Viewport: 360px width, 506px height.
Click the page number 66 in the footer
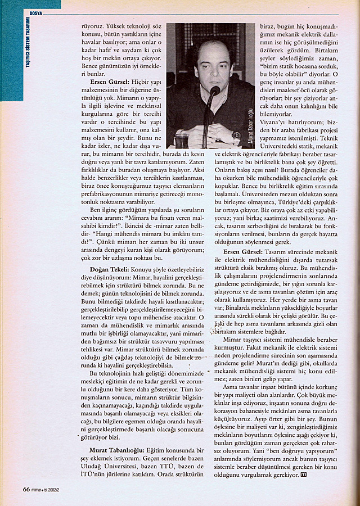(x=26, y=488)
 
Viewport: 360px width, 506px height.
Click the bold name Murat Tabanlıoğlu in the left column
(x=116, y=450)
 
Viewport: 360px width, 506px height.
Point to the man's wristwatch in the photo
(x=236, y=135)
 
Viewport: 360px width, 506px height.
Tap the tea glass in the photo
(x=182, y=140)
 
